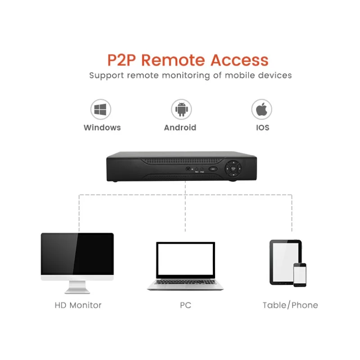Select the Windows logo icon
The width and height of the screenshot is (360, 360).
pos(101,109)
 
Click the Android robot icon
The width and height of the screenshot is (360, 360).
pos(181,109)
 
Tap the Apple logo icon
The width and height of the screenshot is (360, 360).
pos(261,109)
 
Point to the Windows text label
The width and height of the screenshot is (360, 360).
pos(102,127)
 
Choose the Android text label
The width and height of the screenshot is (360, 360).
pos(180,127)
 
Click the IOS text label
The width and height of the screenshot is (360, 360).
pos(262,127)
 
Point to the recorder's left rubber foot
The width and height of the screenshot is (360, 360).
pos(116,181)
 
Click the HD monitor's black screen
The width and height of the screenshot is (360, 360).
pos(77,254)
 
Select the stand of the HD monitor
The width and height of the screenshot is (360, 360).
pos(77,287)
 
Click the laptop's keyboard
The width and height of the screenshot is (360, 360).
pos(186,283)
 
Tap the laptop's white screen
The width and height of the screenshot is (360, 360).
pos(186,260)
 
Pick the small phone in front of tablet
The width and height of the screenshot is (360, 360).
pos(300,274)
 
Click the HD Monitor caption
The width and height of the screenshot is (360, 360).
pos(78,305)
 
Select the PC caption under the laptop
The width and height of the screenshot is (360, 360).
pos(185,305)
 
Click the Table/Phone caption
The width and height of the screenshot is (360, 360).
pos(290,305)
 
